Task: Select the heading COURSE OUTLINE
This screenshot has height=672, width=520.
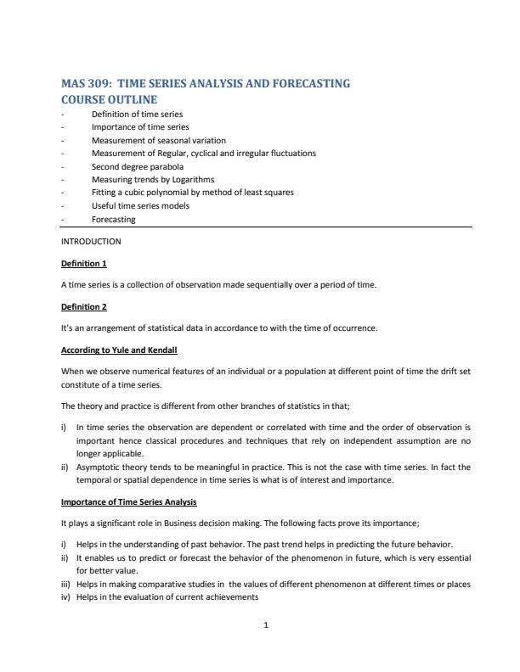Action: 110,99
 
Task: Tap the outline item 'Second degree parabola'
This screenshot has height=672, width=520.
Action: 138,166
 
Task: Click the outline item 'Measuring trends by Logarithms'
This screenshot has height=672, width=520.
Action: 153,179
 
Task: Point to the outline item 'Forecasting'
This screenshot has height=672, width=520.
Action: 113,219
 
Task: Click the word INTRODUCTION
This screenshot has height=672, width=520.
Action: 91,241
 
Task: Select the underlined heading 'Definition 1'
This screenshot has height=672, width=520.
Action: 84,263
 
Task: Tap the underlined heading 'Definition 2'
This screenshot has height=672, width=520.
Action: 84,306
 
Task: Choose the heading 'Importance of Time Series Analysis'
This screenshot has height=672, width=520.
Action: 129,502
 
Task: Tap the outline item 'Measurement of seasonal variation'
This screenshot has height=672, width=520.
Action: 159,140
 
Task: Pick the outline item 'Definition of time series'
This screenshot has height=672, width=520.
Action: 137,114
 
